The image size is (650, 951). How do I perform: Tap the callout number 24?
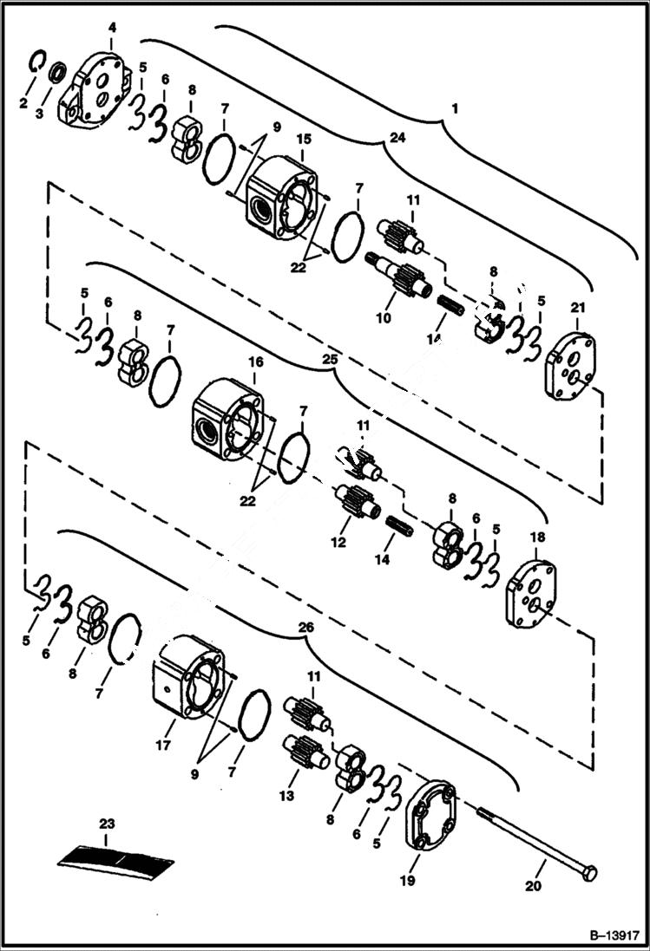397,137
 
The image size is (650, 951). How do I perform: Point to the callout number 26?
305,626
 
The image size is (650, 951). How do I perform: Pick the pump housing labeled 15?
282,197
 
